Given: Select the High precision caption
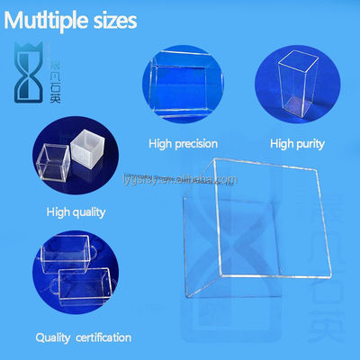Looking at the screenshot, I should click(x=184, y=142).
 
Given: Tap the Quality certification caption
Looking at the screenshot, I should click(x=83, y=337).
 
